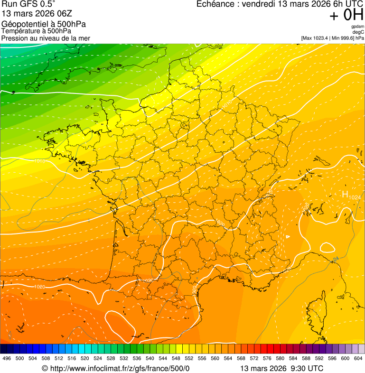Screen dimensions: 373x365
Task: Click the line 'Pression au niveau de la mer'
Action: pyautogui.click(x=46, y=38)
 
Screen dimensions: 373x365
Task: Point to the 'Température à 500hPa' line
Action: pyautogui.click(x=36, y=31)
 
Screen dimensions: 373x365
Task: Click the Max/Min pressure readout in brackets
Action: pyautogui.click(x=332, y=38)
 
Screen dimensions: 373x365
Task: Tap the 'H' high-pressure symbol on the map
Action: pyautogui.click(x=345, y=194)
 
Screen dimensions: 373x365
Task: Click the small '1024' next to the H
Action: pyautogui.click(x=355, y=197)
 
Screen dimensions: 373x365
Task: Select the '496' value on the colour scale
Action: pyautogui.click(x=7, y=358)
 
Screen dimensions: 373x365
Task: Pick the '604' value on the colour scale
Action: pyautogui.click(x=358, y=358)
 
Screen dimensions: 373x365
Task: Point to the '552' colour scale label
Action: pyautogui.click(x=189, y=358)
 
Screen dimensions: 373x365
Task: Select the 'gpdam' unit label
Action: pyautogui.click(x=358, y=27)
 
